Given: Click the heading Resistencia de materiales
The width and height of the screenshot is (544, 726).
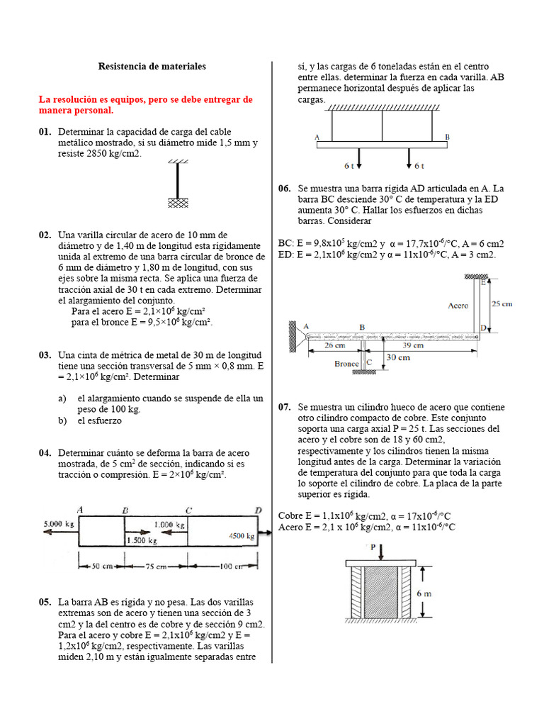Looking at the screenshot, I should (152, 66).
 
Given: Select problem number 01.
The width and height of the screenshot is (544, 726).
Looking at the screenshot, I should (45, 132).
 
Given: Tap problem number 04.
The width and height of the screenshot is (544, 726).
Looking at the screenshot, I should (45, 452).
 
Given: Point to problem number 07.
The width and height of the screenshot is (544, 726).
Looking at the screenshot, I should (285, 407).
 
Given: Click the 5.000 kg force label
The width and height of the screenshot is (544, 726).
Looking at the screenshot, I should (58, 523).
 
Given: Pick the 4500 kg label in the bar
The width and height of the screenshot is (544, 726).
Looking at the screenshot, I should (241, 537).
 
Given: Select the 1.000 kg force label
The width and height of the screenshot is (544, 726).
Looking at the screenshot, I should (170, 525).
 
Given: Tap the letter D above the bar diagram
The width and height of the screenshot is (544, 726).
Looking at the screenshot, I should (257, 510).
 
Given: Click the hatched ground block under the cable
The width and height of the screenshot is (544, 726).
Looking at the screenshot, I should (177, 203).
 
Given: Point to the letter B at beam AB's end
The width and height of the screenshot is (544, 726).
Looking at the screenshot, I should (447, 136).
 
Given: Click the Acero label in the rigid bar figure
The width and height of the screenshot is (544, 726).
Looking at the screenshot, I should (458, 306).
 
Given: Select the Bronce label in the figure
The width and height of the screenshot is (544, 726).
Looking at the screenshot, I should (346, 363).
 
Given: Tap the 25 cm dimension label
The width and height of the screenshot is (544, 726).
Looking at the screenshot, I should (502, 303).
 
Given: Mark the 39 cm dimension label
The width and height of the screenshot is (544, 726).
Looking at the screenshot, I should (413, 345).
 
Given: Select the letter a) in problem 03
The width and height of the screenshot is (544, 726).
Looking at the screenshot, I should (62, 398).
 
